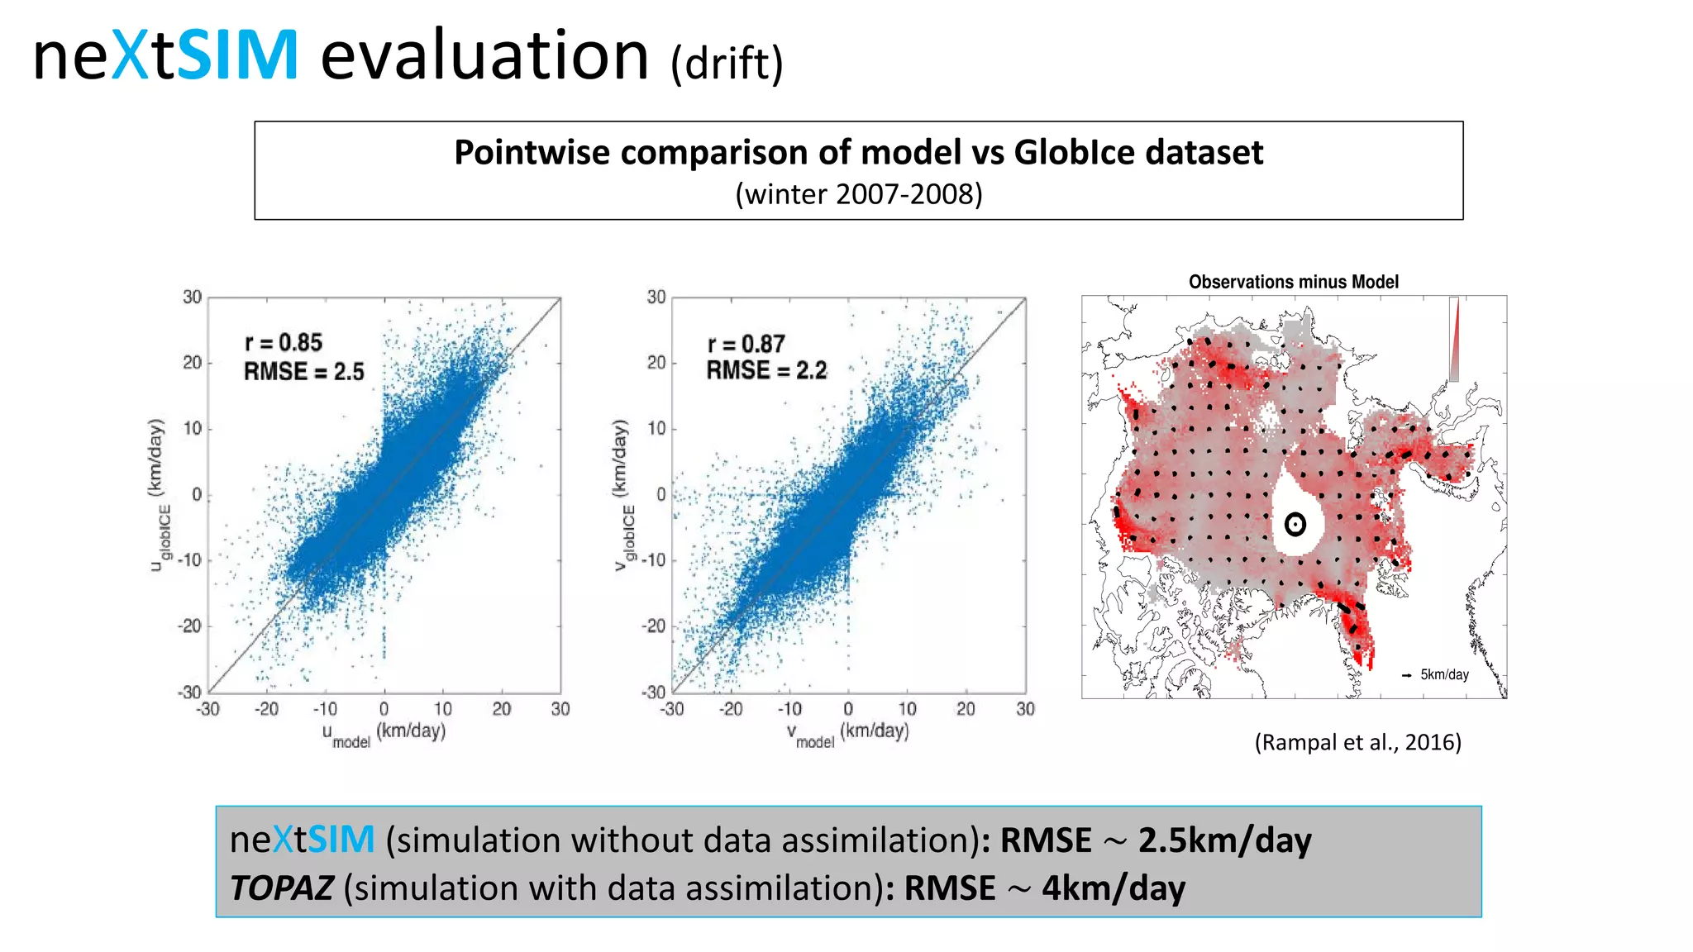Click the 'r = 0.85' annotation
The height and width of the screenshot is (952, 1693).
point(284,342)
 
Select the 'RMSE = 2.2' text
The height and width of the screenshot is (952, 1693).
point(766,370)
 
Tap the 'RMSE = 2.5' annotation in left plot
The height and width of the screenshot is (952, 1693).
point(303,372)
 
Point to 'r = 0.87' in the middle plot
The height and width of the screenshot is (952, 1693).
point(746,344)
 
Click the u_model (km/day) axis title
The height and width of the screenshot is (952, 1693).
point(384,733)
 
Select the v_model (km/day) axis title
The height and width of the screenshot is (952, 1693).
point(847,733)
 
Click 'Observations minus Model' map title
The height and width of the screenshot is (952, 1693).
point(1293,282)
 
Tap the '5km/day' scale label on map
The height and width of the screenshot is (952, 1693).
point(1444,674)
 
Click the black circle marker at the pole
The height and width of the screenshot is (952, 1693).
point(1295,524)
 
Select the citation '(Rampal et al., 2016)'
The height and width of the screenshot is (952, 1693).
point(1357,742)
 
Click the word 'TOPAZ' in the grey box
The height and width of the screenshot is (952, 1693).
point(282,888)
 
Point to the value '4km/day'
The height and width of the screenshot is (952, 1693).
point(1113,888)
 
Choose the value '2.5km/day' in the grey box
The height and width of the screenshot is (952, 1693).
point(1224,840)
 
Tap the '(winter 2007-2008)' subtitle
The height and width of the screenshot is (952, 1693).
point(858,194)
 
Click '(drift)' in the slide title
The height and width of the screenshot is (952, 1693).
point(727,64)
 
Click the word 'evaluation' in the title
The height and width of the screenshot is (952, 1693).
point(484,56)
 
